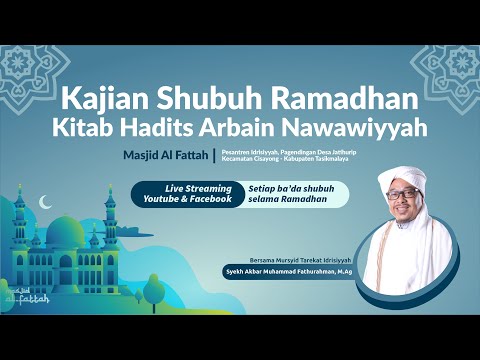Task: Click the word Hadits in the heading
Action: pyautogui.click(x=190, y=128)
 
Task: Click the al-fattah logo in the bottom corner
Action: pyautogui.click(x=25, y=295)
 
